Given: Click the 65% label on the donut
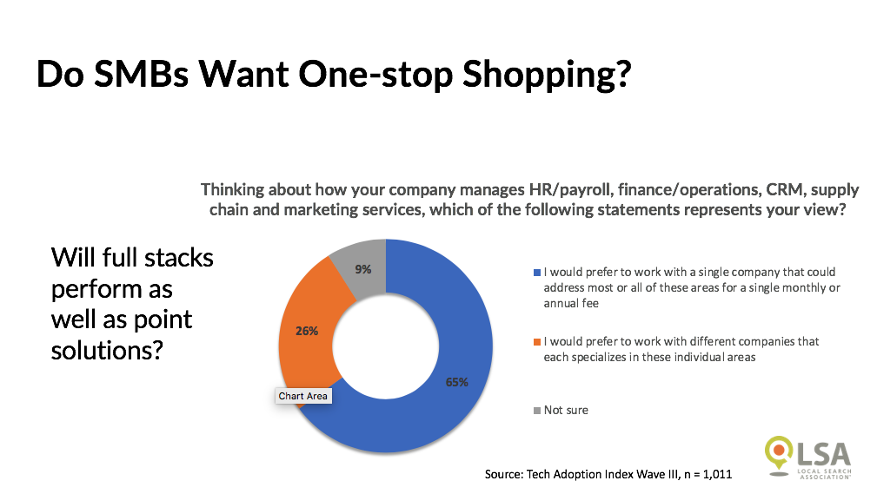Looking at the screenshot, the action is click(x=456, y=382).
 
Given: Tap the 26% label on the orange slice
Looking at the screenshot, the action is click(x=307, y=331).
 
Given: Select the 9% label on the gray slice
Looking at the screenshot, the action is click(x=363, y=269).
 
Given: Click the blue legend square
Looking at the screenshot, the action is click(x=537, y=273).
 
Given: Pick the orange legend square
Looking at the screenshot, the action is click(x=537, y=342).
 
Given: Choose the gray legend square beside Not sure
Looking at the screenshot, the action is click(x=537, y=411).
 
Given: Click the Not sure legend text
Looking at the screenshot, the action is click(x=566, y=410).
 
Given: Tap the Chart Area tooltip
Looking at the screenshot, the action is click(x=303, y=396).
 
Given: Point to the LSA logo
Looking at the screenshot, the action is click(x=807, y=457).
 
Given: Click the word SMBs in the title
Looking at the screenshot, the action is click(x=141, y=74).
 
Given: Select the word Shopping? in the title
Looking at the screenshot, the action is click(x=547, y=76).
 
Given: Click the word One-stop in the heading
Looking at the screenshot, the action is click(x=375, y=75).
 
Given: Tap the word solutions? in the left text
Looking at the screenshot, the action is click(x=107, y=351).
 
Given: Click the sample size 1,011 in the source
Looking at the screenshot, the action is click(x=717, y=474).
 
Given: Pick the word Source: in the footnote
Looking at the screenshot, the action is click(x=504, y=474).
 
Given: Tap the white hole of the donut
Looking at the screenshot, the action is click(x=386, y=346).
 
